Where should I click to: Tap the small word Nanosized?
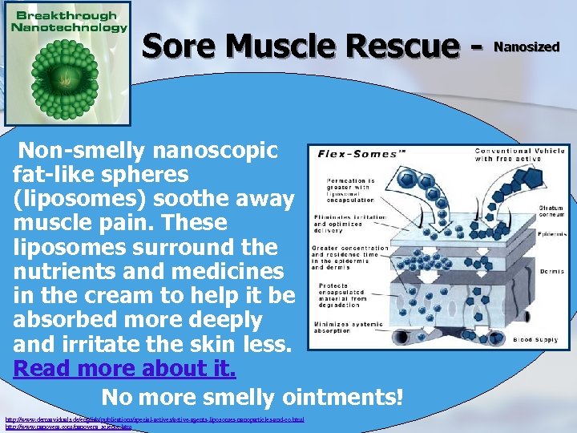pos(527,47)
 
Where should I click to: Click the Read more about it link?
pos(125,369)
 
